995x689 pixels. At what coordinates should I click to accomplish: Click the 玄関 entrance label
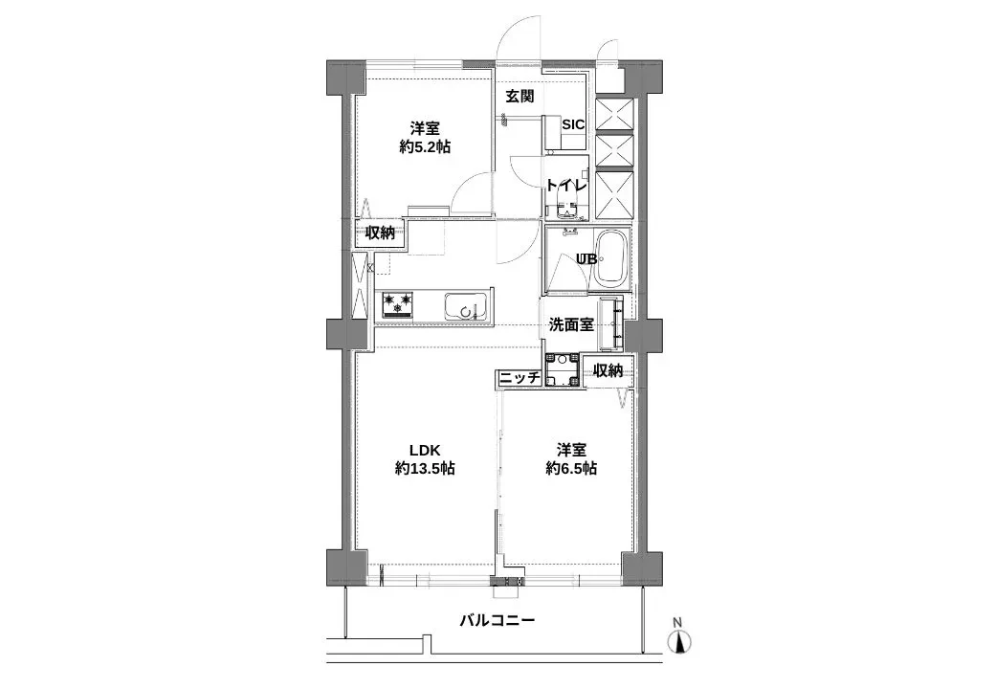pos(520,97)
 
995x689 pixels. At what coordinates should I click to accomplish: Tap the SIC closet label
pos(573,124)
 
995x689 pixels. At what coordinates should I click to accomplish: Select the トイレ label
pos(565,185)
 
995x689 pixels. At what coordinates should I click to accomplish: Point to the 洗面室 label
pos(571,324)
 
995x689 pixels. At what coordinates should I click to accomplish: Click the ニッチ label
pos(520,378)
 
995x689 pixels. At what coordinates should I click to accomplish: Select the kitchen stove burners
pos(399,305)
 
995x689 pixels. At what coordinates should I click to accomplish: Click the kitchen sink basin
pos(466,307)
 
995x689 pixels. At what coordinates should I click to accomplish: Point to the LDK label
pos(424,449)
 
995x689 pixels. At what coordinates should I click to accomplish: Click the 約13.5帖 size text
pos(424,469)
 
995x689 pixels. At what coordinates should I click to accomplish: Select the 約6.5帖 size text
pos(571,469)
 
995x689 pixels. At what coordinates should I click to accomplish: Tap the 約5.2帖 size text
pos(425,147)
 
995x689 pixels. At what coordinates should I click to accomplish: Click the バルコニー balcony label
pos(497,620)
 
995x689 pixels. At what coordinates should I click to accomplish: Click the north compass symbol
pos(678,643)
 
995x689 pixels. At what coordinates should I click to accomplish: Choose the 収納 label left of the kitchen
pos(380,233)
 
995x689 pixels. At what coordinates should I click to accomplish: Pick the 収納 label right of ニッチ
pos(608,371)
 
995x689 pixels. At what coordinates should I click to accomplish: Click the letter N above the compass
pos(678,623)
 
